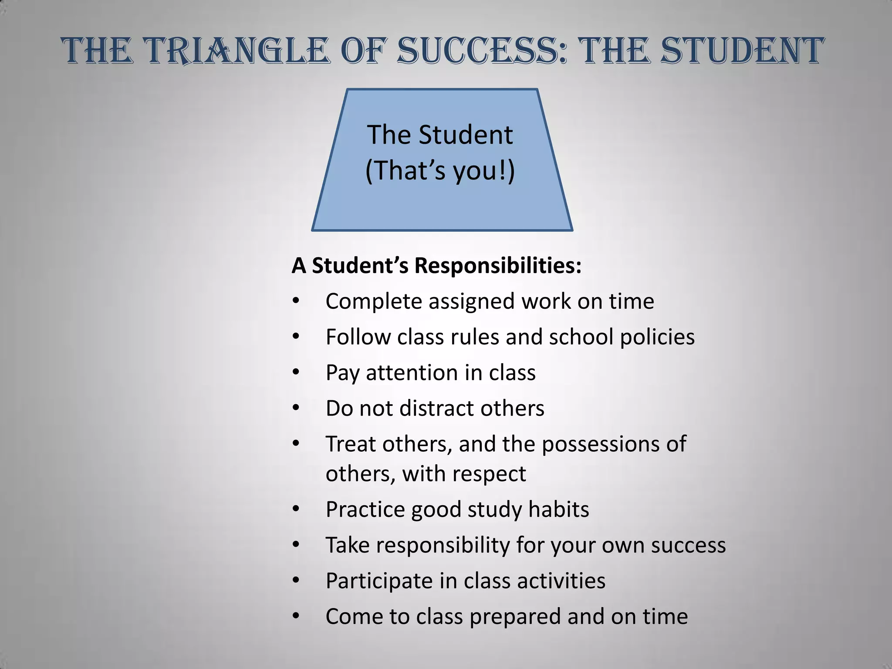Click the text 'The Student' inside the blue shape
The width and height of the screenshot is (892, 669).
pyautogui.click(x=440, y=135)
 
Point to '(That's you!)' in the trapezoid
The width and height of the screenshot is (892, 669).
pyautogui.click(x=440, y=170)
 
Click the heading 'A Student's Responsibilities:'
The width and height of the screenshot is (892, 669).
pyautogui.click(x=436, y=265)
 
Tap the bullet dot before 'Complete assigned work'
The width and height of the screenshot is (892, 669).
pyautogui.click(x=296, y=301)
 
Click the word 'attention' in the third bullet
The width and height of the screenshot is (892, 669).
pyautogui.click(x=412, y=373)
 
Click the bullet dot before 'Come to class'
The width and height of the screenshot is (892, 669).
pyautogui.click(x=296, y=616)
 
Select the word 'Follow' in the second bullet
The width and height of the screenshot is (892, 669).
pyautogui.click(x=358, y=337)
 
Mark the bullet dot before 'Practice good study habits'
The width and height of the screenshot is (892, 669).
pyautogui.click(x=296, y=509)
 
